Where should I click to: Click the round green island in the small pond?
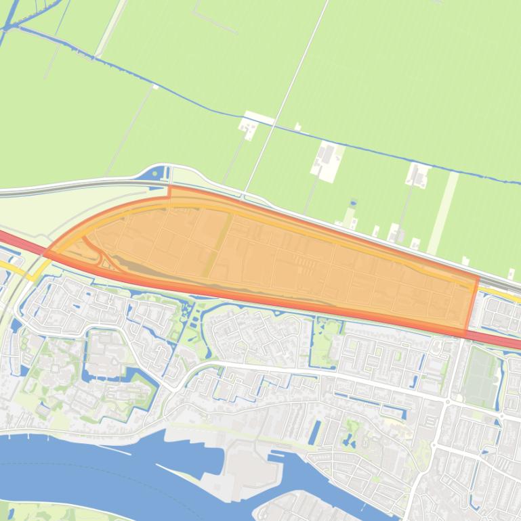pos(333,330)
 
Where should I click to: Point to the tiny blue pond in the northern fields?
pos(353,202)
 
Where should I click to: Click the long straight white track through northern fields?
pos(285,95)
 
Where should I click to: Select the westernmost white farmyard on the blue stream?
pos(249,126)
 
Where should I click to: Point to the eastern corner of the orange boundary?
pos(477,277)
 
